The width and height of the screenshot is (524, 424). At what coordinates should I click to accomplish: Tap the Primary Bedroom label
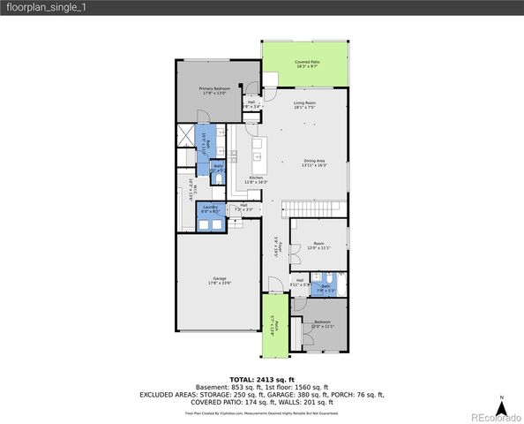tap(210, 91)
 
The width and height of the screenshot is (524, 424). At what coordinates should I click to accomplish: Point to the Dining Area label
tap(314, 163)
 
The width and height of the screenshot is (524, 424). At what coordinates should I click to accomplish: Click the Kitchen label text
tap(256, 179)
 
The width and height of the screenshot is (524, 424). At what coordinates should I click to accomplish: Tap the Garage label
tap(219, 280)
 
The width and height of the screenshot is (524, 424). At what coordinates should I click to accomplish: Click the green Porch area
tap(275, 324)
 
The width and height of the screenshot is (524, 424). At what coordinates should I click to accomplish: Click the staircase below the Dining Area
tap(313, 207)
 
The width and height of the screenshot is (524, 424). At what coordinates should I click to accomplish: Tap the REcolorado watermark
tap(493, 414)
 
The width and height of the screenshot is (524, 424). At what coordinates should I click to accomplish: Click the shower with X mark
tap(184, 135)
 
